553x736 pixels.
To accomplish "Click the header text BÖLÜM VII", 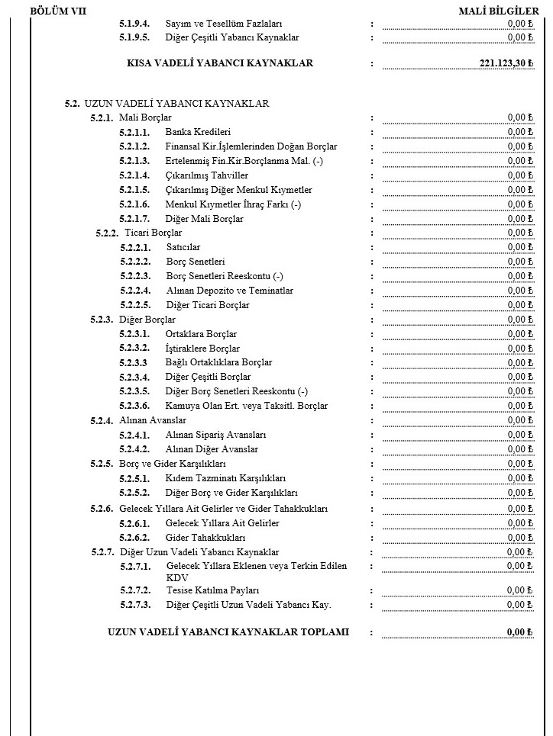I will pyautogui.click(x=57, y=11).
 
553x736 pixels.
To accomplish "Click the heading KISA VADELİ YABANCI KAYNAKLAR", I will pyautogui.click(x=220, y=63).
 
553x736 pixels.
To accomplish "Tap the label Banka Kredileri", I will pyautogui.click(x=198, y=132).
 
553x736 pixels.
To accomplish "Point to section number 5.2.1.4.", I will pyautogui.click(x=135, y=175).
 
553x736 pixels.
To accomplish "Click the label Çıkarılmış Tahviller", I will pyautogui.click(x=206, y=175).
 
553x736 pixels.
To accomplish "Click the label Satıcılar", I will pyautogui.click(x=183, y=247).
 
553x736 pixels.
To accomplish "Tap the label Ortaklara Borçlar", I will pyautogui.click(x=201, y=334).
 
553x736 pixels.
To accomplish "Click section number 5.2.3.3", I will pyautogui.click(x=134, y=362).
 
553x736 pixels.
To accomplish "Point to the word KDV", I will pyautogui.click(x=176, y=578).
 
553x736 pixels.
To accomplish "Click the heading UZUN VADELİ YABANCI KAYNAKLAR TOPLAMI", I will pyautogui.click(x=228, y=632).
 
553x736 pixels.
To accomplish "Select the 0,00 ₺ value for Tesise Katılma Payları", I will pyautogui.click(x=519, y=590).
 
